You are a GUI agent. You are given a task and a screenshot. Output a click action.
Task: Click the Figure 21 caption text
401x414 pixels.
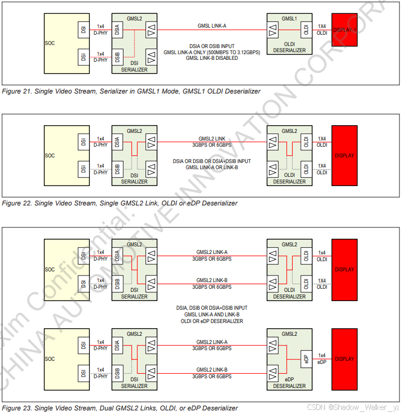[131, 91]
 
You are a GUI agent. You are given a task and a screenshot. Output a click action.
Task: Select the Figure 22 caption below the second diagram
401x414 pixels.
[120, 203]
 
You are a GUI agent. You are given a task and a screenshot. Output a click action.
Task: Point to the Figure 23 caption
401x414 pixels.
[120, 408]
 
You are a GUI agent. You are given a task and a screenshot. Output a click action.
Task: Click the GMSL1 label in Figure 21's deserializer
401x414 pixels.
[289, 18]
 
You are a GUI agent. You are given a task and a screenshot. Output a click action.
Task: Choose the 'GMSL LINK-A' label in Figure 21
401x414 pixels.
[212, 25]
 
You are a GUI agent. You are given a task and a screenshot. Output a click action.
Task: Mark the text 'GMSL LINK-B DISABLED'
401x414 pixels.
[211, 58]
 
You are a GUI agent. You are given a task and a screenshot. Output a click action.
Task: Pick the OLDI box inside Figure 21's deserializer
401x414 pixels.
[305, 29]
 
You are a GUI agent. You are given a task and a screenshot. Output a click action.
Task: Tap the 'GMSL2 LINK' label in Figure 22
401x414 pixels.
[212, 139]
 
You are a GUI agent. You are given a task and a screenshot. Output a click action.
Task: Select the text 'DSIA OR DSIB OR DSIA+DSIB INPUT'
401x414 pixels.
[211, 162]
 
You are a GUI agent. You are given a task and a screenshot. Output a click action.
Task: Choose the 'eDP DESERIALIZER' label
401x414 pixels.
[289, 383]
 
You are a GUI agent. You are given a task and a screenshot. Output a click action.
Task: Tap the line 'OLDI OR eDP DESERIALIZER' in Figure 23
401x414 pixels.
[211, 321]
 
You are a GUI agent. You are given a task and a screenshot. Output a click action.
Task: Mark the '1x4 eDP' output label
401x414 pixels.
[322, 358]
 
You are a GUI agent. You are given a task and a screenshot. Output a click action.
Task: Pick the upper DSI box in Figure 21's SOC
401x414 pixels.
[83, 29]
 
